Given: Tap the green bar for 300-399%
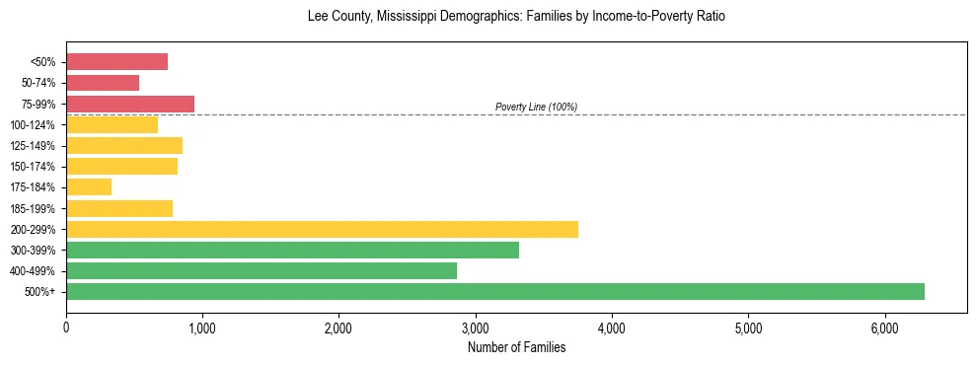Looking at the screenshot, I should tap(292, 250).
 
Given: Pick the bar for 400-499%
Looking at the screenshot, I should tap(262, 270).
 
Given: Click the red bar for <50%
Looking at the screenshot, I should tap(116, 62).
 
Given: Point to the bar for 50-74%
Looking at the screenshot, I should tap(103, 83).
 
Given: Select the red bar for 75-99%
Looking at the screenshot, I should tap(130, 104).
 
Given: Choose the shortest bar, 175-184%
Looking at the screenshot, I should tap(89, 186).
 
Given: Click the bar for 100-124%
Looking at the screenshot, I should tap(112, 124).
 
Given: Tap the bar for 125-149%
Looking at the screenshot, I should tap(124, 145).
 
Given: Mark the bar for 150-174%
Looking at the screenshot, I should tap(121, 166).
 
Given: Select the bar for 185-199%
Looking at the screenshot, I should tap(119, 208).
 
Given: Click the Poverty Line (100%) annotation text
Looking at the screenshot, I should tap(536, 107).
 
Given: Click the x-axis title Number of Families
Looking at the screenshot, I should tap(516, 347).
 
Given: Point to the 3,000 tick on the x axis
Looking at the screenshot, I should tap(476, 327).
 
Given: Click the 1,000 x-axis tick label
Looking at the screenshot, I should tap(202, 327).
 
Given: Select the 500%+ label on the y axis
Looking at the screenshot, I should tap(43, 292).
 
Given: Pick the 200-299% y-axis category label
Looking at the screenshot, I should tap(38, 230).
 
